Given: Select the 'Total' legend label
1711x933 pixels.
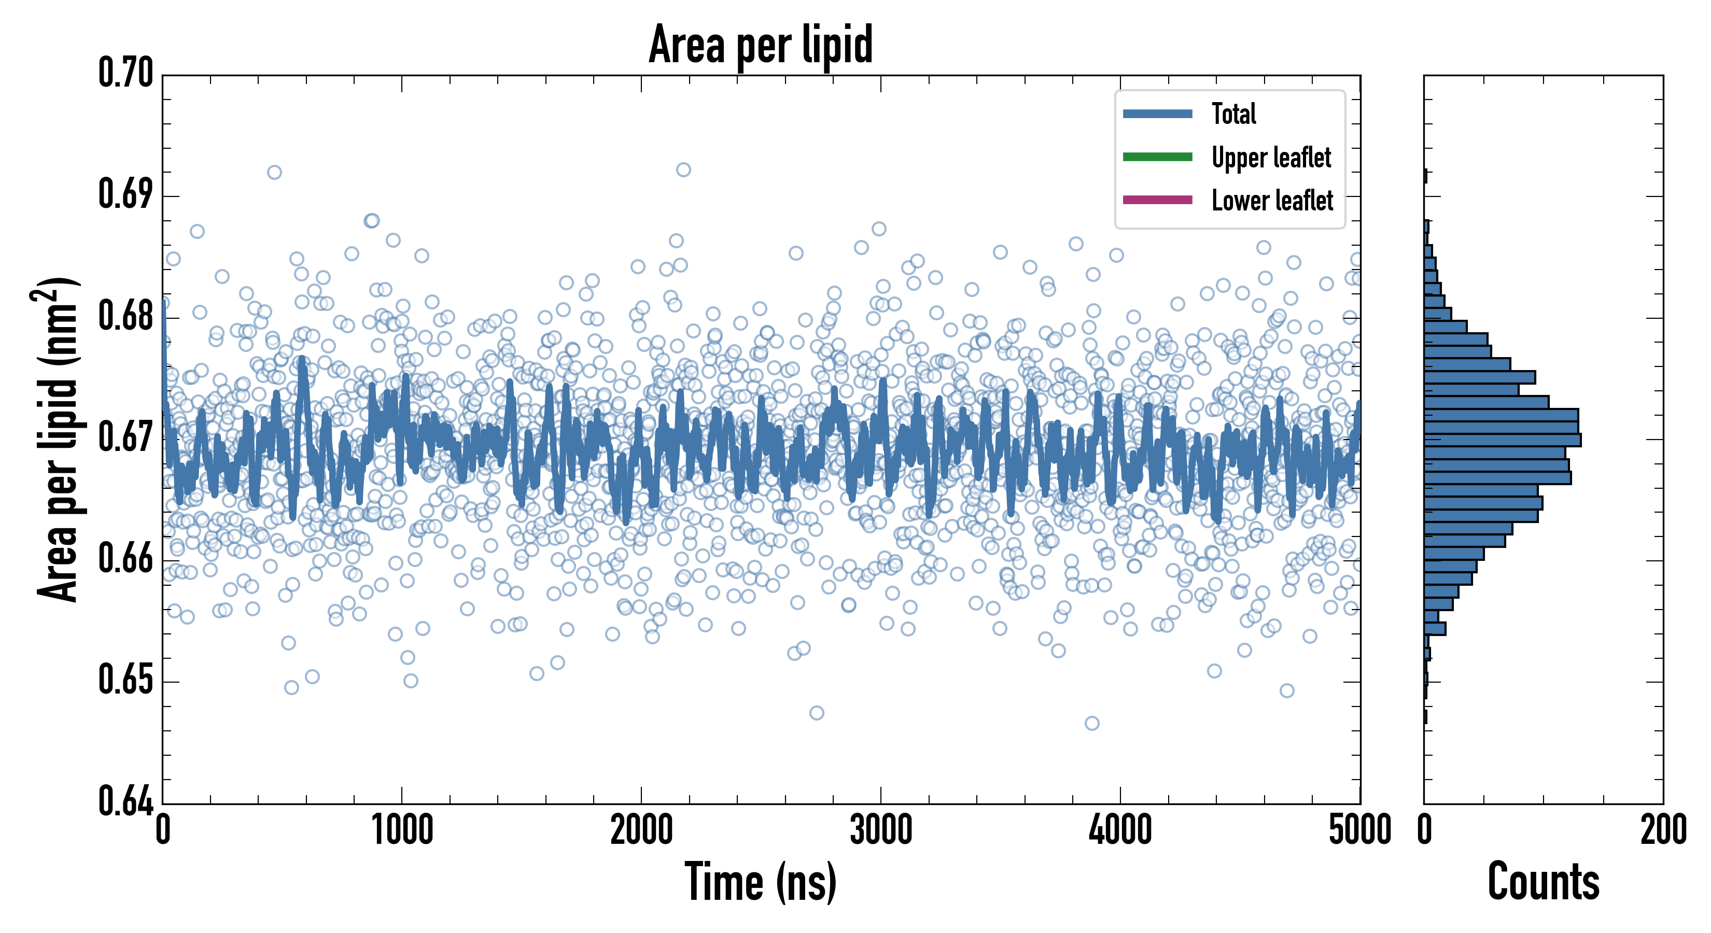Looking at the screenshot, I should (1233, 114).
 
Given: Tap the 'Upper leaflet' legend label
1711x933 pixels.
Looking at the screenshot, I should (1271, 158).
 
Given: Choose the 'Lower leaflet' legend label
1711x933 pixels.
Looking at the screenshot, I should (1272, 200).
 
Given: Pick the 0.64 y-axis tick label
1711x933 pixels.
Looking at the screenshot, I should (125, 801).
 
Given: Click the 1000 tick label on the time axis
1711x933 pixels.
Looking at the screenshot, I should (402, 830).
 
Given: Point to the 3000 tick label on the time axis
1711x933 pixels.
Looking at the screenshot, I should (881, 830).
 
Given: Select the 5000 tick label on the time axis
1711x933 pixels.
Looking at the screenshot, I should (1359, 830).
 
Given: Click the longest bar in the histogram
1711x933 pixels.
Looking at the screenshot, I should (1503, 440).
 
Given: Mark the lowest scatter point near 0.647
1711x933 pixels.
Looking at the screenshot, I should (1092, 723).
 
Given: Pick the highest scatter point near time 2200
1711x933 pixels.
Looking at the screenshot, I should (683, 170).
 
